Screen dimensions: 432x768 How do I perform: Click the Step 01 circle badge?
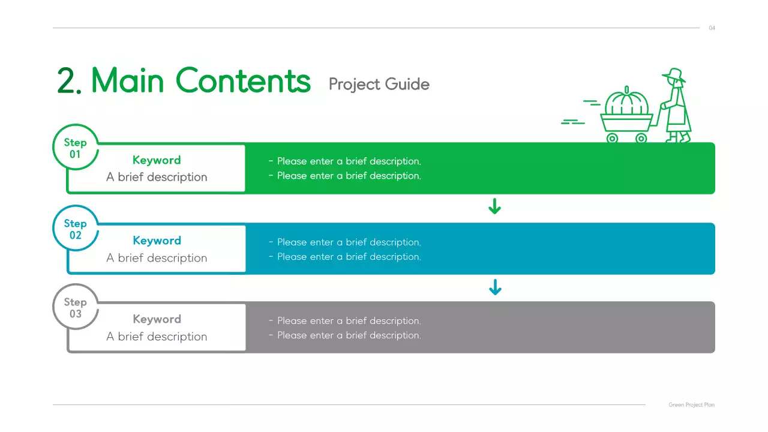tap(76, 148)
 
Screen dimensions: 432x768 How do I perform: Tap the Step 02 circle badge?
tap(76, 229)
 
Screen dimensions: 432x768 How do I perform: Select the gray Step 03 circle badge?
tap(76, 307)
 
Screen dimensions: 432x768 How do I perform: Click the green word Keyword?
tap(157, 160)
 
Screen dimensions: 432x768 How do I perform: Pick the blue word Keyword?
tap(157, 241)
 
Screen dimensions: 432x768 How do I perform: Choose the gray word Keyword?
tap(157, 319)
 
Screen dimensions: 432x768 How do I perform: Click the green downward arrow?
tap(494, 208)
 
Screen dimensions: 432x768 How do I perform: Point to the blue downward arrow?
tap(494, 288)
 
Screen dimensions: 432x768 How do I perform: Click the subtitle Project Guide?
tap(379, 84)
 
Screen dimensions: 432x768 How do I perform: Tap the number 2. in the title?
tap(69, 81)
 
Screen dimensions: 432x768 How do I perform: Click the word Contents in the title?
tap(243, 80)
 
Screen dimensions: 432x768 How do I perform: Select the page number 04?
tap(712, 28)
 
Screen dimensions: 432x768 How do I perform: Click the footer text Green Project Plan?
tap(691, 405)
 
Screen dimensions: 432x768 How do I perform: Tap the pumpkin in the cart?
tap(627, 104)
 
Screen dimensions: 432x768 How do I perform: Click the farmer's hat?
tap(674, 75)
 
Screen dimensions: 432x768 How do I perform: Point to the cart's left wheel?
tap(612, 138)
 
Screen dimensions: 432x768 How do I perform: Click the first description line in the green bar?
tap(345, 161)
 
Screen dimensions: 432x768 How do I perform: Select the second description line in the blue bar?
tap(345, 257)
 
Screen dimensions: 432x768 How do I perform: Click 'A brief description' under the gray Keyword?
tap(157, 337)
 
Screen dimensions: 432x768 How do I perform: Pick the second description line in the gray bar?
tap(345, 335)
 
